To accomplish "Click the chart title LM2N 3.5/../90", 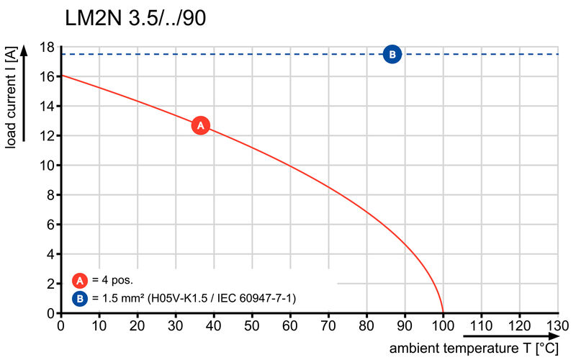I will click(135, 18).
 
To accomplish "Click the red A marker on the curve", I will click(201, 125).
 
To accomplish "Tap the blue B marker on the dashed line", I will click(392, 54).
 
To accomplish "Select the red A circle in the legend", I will click(81, 281).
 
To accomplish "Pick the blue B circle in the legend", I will click(81, 297).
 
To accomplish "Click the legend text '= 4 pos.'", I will click(112, 281).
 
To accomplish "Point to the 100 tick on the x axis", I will click(443, 326).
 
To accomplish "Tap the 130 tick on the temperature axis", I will click(557, 326).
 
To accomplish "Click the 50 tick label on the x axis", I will click(251, 326).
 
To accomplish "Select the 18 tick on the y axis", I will click(48, 47).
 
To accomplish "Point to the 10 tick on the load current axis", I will click(48, 166).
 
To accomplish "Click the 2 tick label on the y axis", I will click(50, 284).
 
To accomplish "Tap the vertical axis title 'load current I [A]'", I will click(12, 99).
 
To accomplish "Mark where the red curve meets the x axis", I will click(443, 313).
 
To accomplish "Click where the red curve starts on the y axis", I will click(60, 75).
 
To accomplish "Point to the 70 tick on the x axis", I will click(328, 326).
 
